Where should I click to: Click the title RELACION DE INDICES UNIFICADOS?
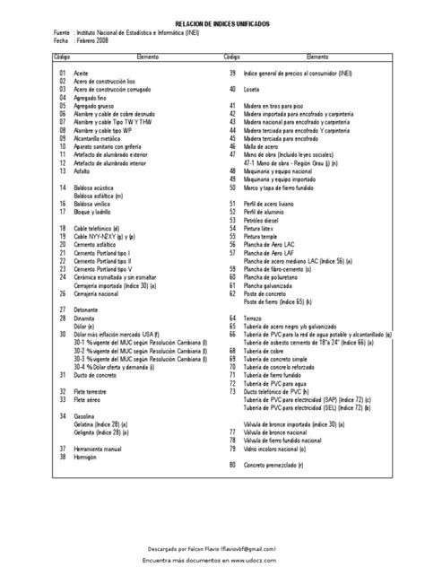click(212, 26)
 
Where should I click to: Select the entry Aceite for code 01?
click(82, 71)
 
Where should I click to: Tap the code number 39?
click(232, 71)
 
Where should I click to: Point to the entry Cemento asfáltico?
click(97, 242)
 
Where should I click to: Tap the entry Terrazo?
click(263, 318)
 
